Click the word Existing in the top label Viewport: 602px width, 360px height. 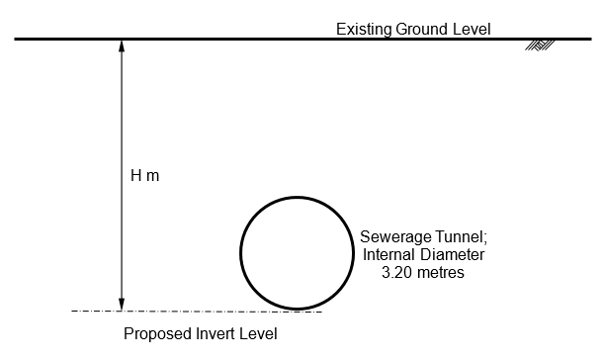tap(363, 29)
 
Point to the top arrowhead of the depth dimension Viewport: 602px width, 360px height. tap(121, 45)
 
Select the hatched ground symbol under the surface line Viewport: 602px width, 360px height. tap(540, 45)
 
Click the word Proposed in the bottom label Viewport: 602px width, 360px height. tap(156, 333)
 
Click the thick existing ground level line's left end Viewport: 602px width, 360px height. tap(16, 40)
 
